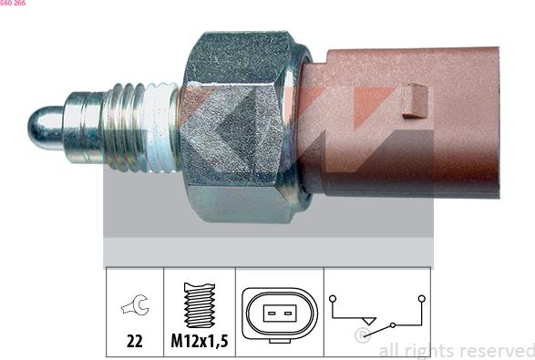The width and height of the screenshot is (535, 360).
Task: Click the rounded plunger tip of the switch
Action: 46,128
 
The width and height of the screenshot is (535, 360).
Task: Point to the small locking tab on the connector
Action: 415,100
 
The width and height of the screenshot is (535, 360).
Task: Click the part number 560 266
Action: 13,3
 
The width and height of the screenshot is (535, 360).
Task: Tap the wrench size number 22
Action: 134,341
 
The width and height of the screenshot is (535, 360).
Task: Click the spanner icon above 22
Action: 135,304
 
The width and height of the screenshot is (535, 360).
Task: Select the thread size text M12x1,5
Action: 200,341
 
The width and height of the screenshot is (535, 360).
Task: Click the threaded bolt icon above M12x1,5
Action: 200,305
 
